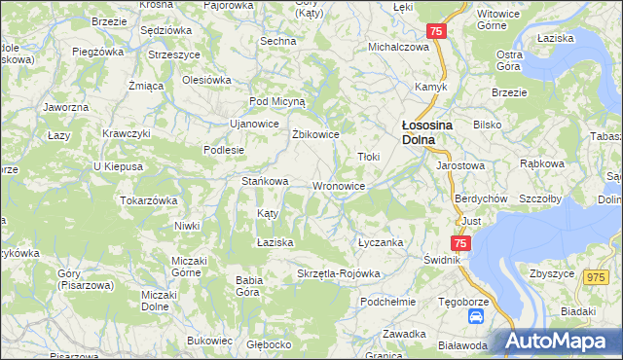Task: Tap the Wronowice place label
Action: (339, 186)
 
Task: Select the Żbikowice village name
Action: (315, 134)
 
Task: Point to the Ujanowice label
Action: (254, 124)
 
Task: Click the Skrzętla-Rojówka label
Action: (338, 273)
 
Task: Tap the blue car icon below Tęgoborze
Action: (476, 317)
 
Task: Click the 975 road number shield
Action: (595, 277)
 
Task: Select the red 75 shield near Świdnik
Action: (460, 243)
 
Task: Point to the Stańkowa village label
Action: (265, 181)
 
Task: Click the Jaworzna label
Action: (66, 106)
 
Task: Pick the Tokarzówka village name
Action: (148, 199)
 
